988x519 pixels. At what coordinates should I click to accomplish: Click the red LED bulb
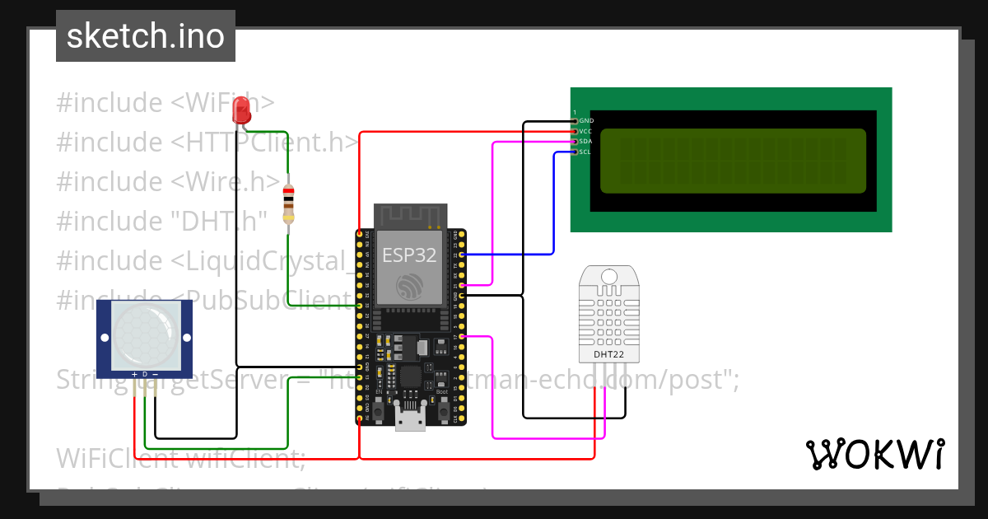[x=242, y=110]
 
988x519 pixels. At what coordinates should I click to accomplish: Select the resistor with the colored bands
[x=287, y=203]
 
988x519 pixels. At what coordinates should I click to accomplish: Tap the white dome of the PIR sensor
[x=144, y=334]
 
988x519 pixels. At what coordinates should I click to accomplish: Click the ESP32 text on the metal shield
[x=409, y=255]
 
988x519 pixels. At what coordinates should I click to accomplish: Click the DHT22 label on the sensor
[x=609, y=354]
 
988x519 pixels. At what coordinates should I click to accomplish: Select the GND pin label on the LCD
[x=586, y=121]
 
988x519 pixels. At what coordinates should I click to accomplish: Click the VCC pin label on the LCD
[x=585, y=131]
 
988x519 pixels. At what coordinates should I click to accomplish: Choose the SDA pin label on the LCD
[x=585, y=142]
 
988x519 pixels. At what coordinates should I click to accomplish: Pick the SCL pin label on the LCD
[x=585, y=152]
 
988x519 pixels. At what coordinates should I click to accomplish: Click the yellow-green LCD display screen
[x=733, y=160]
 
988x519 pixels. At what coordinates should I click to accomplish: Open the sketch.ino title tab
[x=146, y=36]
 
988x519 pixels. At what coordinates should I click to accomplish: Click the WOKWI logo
[x=874, y=454]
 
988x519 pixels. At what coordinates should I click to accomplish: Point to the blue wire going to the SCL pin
[x=553, y=206]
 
